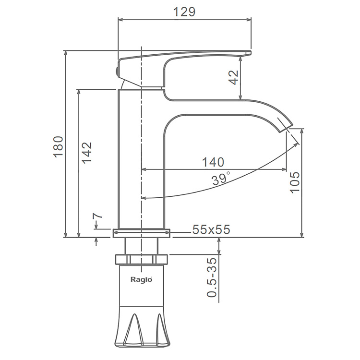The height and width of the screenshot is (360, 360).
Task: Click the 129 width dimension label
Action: point(184,12)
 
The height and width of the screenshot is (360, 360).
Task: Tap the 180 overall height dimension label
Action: point(58,146)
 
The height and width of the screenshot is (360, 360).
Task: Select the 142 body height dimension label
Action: point(87,153)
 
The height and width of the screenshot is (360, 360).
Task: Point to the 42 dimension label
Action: point(234,77)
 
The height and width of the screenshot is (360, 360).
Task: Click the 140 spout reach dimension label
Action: point(213,162)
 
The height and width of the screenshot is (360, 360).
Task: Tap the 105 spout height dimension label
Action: point(295,182)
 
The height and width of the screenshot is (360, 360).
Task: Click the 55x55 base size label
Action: point(211,229)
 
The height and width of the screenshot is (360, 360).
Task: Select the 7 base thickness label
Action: point(97,216)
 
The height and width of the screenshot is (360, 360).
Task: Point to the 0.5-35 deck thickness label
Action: point(212,277)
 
